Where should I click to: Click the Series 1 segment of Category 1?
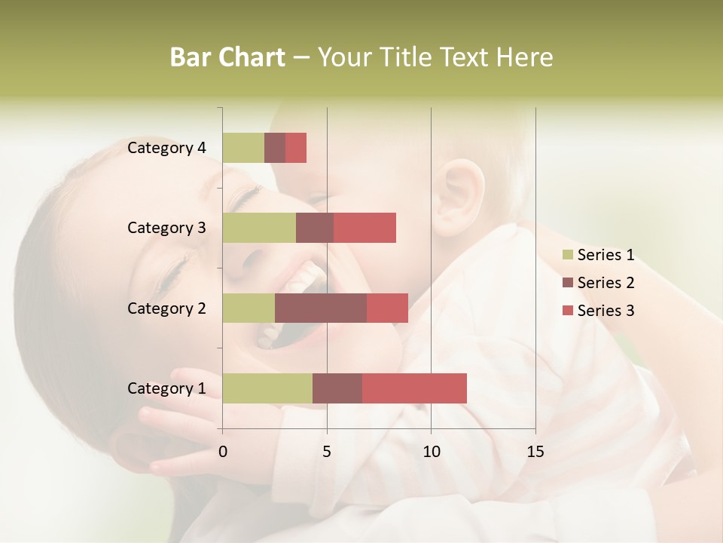tap(267, 388)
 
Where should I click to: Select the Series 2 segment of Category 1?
tap(337, 388)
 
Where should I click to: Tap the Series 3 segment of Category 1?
tap(414, 388)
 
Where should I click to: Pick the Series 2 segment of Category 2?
tap(321, 308)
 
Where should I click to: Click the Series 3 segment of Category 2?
tap(387, 308)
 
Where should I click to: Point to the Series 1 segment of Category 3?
tap(259, 228)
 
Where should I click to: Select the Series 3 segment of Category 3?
tap(365, 228)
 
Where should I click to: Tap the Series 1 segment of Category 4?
tap(243, 148)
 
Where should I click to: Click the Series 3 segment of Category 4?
tap(296, 148)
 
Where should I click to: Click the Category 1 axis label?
tap(166, 388)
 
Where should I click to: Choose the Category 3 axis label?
tap(166, 228)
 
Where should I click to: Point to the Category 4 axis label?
tap(166, 148)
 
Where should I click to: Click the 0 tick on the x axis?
tap(223, 452)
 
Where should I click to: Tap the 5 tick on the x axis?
tap(327, 452)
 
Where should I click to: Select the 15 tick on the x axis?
tap(535, 452)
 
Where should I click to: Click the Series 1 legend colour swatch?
tap(567, 255)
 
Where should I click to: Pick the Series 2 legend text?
tap(606, 283)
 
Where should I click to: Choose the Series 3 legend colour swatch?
tap(567, 311)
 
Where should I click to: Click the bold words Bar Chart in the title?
tap(227, 57)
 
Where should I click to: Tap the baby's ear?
tap(459, 192)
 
